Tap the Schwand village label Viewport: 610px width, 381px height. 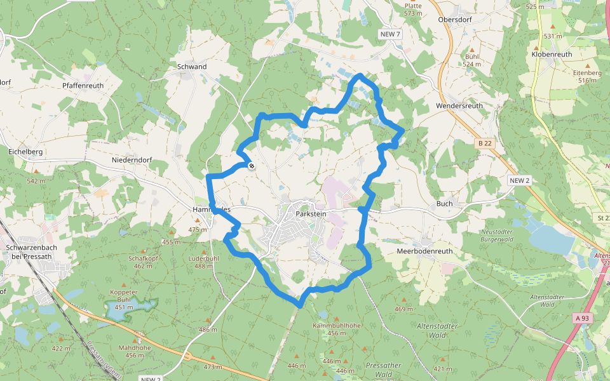tap(192, 67)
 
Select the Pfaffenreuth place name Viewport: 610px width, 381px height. tap(83, 86)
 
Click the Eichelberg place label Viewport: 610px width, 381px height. tap(25, 152)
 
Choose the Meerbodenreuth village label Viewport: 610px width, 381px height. tap(424, 251)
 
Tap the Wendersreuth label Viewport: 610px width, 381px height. tap(459, 105)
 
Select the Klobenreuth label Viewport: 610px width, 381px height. tap(552, 55)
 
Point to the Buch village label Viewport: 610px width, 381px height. tap(444, 204)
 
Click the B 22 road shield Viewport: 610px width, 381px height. tap(485, 144)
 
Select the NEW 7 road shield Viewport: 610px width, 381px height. tap(390, 34)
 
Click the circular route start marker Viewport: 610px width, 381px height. tap(252, 166)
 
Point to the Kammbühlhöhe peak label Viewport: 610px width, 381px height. tap(337, 326)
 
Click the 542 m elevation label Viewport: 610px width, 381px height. tap(36, 181)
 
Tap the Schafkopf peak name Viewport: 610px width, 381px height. tap(142, 258)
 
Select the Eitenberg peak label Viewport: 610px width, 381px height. tap(586, 73)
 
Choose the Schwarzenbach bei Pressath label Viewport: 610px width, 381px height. tap(32, 251)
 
